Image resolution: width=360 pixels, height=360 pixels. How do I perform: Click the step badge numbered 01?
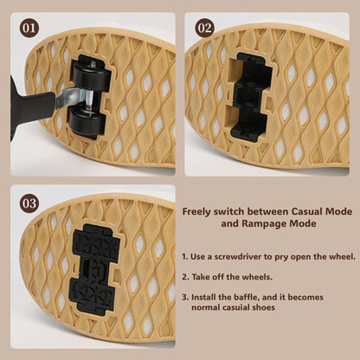pos(29,29)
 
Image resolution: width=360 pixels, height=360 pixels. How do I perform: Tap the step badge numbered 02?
pos(205,29)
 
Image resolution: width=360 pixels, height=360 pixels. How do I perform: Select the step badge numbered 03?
pos(29,203)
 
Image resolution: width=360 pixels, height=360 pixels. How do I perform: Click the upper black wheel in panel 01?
pos(92,76)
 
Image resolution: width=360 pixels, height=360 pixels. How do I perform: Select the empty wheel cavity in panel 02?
pos(250,97)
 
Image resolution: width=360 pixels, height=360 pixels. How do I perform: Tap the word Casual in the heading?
pos(306,211)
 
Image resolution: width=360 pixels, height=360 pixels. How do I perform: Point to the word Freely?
pos(196,212)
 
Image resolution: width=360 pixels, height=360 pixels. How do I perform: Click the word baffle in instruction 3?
pos(240,297)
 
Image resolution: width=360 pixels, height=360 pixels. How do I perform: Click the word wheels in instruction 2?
pos(257,277)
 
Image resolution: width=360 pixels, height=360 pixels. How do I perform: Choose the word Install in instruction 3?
pos(202,297)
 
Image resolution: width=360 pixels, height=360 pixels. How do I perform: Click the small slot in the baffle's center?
pos(86,266)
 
